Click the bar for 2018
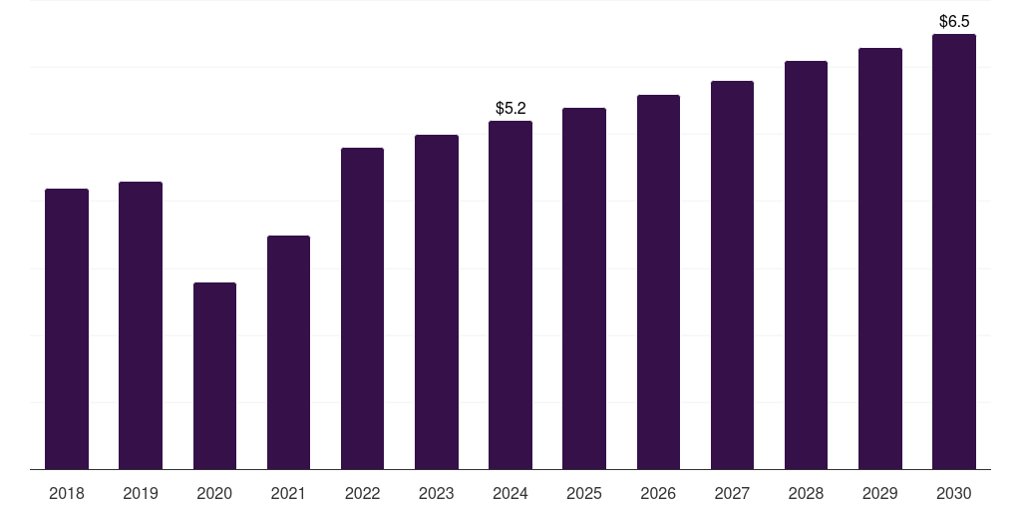click(x=67, y=328)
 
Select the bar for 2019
click(x=141, y=325)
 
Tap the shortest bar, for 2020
click(x=214, y=375)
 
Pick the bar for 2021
click(x=288, y=352)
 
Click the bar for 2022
click(x=362, y=308)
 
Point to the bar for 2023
click(x=437, y=301)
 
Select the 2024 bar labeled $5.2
click(x=510, y=294)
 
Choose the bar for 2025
click(x=584, y=288)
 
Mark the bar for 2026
click(x=658, y=281)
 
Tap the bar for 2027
click(x=732, y=274)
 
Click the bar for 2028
click(x=806, y=264)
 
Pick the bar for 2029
click(x=880, y=258)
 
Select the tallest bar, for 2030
click(x=954, y=252)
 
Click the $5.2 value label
click(x=510, y=108)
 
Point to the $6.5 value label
click(x=954, y=21)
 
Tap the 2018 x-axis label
click(x=67, y=493)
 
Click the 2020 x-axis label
click(x=214, y=493)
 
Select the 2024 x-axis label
click(x=510, y=493)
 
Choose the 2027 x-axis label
click(x=732, y=493)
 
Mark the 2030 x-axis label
click(x=954, y=493)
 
